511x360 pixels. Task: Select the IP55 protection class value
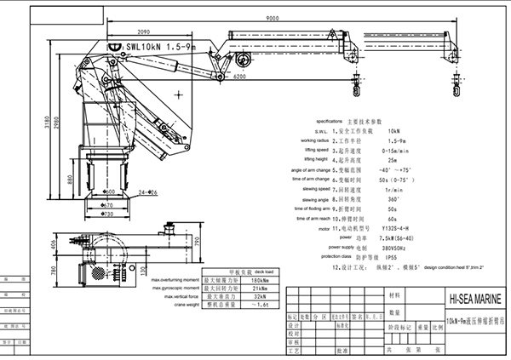tap(393, 256)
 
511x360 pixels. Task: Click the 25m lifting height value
tap(392, 159)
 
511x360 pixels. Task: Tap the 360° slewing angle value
tap(393, 198)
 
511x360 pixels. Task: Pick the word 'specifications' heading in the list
tap(335, 121)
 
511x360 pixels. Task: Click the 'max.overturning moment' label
tap(175, 279)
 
